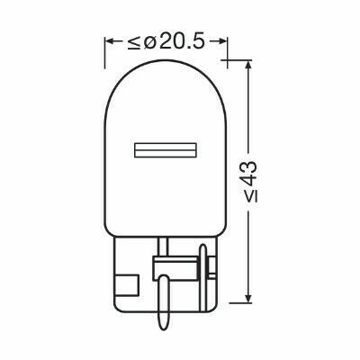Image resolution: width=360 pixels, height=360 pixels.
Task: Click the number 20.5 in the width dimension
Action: tap(182, 41)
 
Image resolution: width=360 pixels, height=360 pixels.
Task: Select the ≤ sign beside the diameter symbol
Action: tap(134, 42)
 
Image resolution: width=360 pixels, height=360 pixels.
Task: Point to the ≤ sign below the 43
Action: tap(250, 196)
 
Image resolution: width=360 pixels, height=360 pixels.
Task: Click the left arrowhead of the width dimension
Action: tap(109, 41)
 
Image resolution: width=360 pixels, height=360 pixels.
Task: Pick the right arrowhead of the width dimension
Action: tap(222, 41)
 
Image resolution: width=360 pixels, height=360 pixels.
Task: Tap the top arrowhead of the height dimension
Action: tap(247, 65)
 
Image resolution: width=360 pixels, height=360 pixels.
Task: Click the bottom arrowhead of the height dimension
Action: tap(247, 298)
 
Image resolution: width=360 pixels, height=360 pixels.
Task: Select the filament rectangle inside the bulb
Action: tap(166, 149)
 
